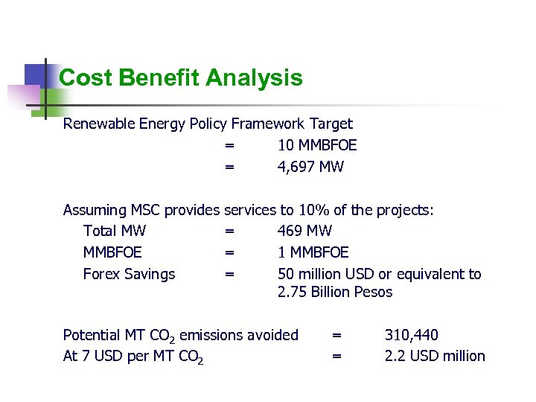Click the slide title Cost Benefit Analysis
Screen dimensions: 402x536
[x=180, y=77]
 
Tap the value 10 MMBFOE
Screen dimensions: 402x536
[x=316, y=145]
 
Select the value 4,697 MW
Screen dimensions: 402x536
[x=310, y=167]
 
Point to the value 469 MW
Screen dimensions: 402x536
[x=304, y=231]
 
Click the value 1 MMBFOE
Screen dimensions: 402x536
[x=313, y=252]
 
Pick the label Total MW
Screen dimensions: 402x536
[x=115, y=231]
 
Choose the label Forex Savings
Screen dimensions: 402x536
[x=129, y=274]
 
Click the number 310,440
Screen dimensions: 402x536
[x=411, y=335]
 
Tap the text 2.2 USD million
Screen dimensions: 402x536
[x=434, y=356]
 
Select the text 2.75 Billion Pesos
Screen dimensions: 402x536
[x=334, y=292]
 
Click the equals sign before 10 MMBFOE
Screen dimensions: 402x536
[x=229, y=145]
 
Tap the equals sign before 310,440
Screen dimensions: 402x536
[x=336, y=335]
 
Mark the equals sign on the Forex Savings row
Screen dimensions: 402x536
[x=229, y=274]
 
